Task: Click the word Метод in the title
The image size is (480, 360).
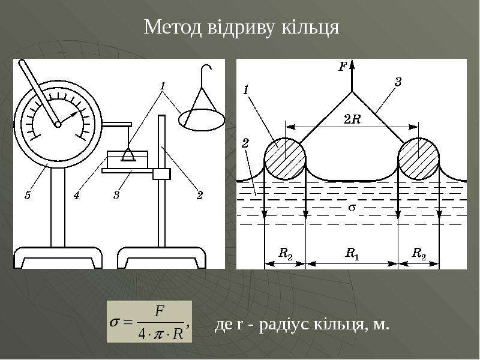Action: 173,27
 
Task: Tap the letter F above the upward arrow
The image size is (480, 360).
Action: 343,66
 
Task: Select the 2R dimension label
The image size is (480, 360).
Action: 352,119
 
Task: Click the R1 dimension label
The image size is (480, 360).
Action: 352,254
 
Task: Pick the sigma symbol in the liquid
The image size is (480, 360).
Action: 352,208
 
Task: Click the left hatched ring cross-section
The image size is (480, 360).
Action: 285,159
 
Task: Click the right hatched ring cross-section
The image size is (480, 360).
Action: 418,159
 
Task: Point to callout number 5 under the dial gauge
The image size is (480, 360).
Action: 28,195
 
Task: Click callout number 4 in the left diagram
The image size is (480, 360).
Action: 76,195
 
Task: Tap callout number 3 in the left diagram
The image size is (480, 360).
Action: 116,195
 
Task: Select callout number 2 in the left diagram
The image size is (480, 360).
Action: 200,195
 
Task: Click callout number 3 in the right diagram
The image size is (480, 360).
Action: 398,82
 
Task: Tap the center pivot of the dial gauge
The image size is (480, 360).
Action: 58,124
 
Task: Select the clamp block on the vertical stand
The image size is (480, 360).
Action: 161,174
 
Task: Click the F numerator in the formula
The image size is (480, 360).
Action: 160,311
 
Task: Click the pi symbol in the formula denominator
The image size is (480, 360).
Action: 158,334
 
